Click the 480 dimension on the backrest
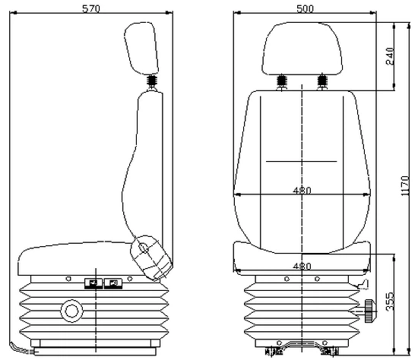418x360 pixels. click(302, 190)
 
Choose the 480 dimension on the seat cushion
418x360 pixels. click(302, 266)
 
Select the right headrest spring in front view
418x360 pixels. click(321, 81)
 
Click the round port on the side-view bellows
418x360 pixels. click(71, 311)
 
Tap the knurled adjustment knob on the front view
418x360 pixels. click(369, 309)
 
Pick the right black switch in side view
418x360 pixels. click(113, 284)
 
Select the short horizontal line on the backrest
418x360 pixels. click(302, 163)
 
